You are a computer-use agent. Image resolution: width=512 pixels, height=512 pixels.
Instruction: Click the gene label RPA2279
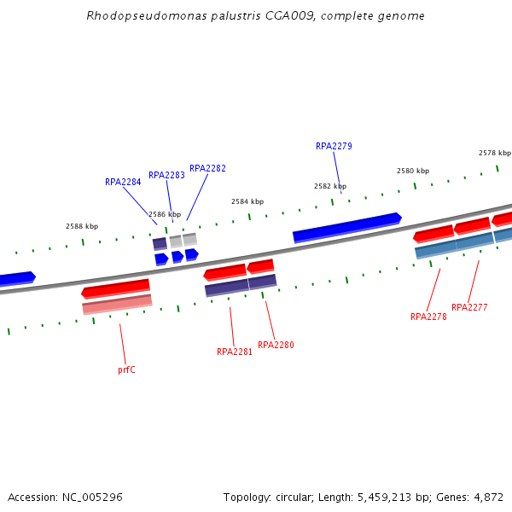[334, 146]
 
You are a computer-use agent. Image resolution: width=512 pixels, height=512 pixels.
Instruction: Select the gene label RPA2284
[123, 182]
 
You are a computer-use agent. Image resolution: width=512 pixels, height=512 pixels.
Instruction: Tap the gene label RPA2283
[166, 175]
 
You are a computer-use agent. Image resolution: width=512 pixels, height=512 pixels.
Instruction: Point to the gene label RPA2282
[207, 168]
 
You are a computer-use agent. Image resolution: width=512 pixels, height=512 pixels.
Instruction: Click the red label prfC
[126, 369]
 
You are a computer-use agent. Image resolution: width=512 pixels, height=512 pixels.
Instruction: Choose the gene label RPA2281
[235, 352]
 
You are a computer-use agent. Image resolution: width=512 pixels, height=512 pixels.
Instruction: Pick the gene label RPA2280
[276, 345]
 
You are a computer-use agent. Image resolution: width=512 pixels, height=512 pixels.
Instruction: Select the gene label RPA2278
[428, 317]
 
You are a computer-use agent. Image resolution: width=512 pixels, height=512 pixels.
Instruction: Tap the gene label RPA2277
[469, 307]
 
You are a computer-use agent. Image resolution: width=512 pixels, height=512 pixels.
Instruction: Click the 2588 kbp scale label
[82, 226]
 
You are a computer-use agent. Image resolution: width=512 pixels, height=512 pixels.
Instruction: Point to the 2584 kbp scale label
[247, 201]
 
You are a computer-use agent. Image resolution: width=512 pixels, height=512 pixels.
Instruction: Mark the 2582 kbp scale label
[329, 186]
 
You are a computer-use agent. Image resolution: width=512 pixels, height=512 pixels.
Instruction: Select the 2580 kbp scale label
[413, 171]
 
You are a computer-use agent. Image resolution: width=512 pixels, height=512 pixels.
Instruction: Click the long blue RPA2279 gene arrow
[346, 226]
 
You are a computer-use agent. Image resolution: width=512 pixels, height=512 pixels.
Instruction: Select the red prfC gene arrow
[116, 288]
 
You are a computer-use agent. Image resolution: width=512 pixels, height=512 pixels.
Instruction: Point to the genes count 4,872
[487, 497]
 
